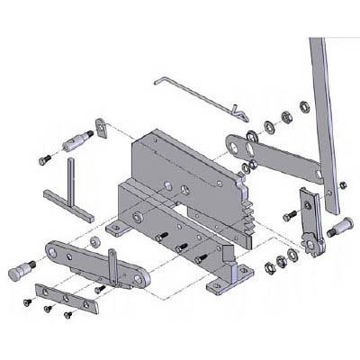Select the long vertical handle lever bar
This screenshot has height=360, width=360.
325,117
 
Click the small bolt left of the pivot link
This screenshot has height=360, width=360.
289,217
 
